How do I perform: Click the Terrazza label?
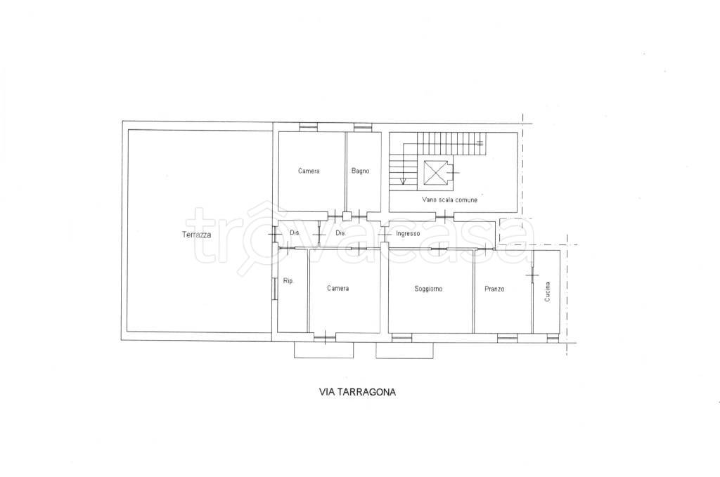(197, 235)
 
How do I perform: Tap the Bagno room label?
(361, 171)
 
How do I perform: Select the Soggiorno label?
(428, 289)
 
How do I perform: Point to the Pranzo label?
(494, 289)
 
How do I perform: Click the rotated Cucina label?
(547, 292)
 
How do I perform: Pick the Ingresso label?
(408, 233)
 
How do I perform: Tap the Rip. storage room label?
(288, 281)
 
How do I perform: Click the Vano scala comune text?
(450, 200)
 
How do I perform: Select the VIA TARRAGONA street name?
(357, 392)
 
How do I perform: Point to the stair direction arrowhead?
(403, 181)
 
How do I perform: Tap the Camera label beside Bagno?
(309, 171)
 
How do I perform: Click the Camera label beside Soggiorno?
(338, 289)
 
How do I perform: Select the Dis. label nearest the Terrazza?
(295, 233)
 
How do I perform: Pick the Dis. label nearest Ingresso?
(340, 233)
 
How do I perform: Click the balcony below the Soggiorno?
(404, 350)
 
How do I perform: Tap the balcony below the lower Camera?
(323, 350)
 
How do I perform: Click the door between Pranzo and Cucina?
(532, 275)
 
